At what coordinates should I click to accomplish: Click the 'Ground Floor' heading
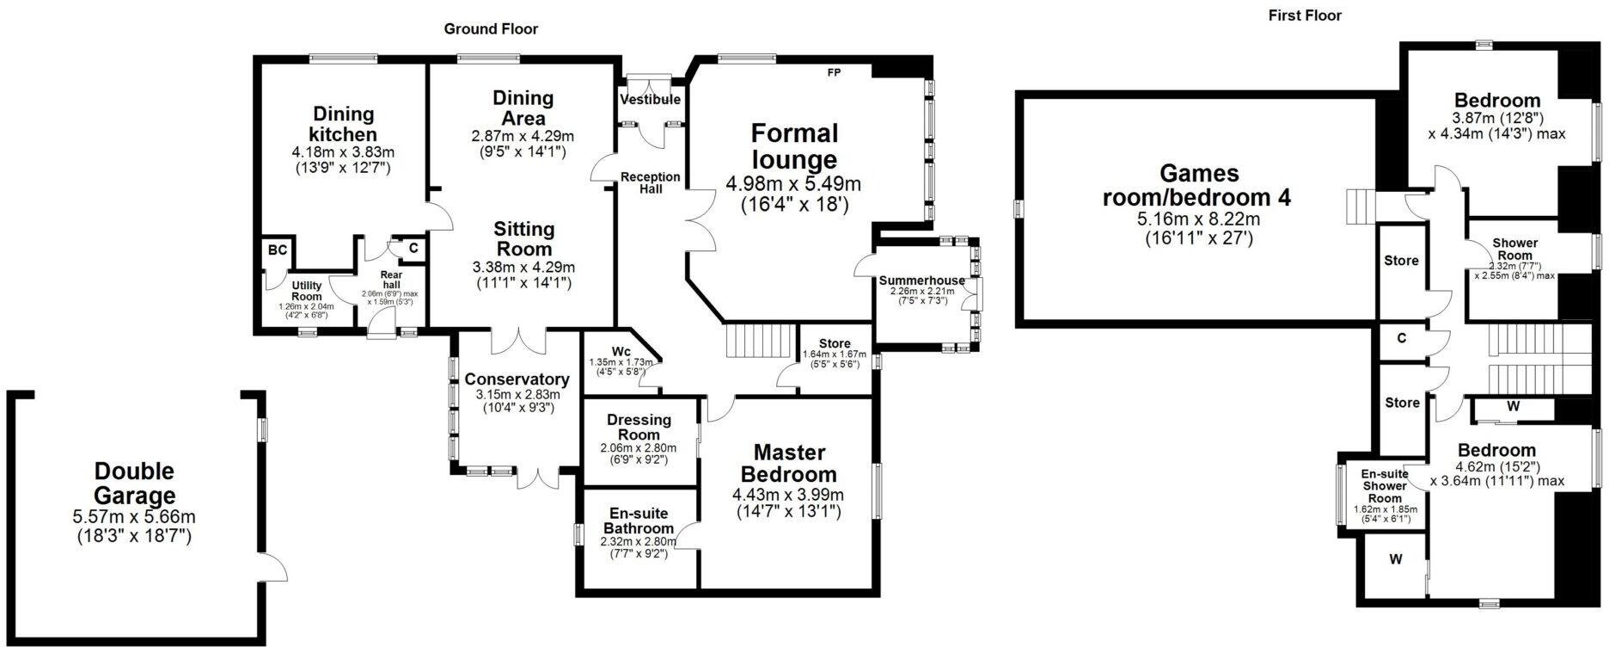click(491, 29)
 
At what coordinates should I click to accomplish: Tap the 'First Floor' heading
click(1305, 15)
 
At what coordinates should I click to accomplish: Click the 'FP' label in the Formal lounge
click(834, 73)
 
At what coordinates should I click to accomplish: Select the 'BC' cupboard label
click(277, 250)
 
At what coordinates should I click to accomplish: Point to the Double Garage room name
click(134, 484)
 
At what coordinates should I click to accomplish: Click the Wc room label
click(621, 351)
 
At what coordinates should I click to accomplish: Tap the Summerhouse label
click(921, 280)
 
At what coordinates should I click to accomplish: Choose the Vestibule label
click(650, 100)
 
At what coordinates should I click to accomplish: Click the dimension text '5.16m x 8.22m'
click(1198, 219)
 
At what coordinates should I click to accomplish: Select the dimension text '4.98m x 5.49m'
click(793, 184)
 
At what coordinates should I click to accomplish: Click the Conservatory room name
click(517, 379)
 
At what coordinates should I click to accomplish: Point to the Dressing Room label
click(639, 427)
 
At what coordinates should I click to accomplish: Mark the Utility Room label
click(306, 291)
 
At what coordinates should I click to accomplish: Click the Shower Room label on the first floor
click(1514, 250)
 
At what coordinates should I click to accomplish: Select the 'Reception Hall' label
click(651, 182)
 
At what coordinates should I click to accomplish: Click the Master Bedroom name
click(788, 464)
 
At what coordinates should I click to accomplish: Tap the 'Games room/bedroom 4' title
click(1198, 185)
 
